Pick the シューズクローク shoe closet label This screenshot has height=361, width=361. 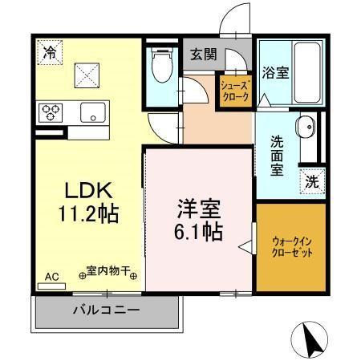(x=236, y=91)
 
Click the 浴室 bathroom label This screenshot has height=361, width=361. (x=276, y=72)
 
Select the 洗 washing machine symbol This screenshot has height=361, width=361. (x=313, y=180)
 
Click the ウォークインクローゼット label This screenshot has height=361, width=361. (x=293, y=246)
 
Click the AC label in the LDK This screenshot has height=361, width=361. (x=51, y=277)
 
